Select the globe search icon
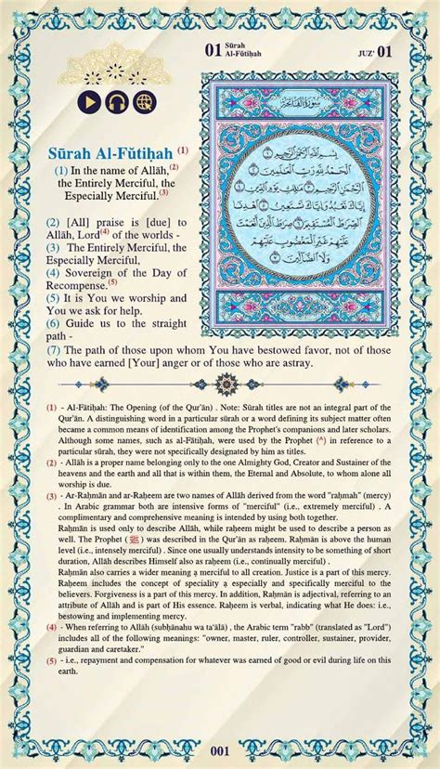tap(144, 102)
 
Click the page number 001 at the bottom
tap(220, 750)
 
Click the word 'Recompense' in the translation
tap(74, 286)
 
